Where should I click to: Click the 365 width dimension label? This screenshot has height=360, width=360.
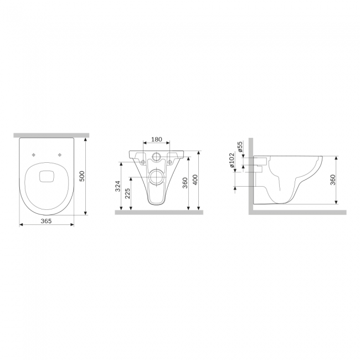pos(46,221)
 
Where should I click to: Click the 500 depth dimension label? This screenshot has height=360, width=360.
pos(82,176)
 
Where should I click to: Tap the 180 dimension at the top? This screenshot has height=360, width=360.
pos(157,140)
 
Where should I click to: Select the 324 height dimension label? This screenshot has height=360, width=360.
pos(118,186)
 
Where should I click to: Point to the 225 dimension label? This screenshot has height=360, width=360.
pos(127,193)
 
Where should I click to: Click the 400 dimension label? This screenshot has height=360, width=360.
pos(195,180)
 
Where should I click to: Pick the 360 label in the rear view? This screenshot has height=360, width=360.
pos(185,183)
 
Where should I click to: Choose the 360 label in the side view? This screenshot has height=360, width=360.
pos(333,180)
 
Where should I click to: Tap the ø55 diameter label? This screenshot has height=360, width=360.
pos(240,147)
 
